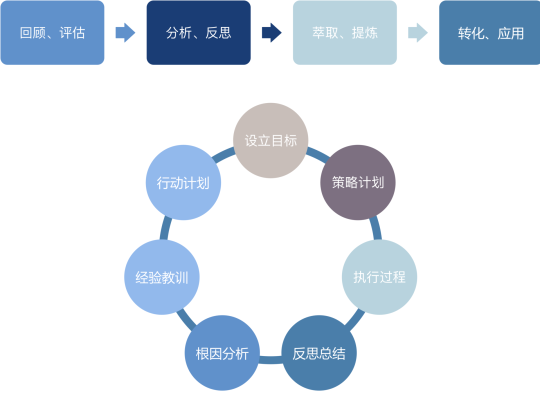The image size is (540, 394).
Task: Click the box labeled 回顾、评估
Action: (52, 33)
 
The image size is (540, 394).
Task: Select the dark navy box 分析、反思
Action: (198, 33)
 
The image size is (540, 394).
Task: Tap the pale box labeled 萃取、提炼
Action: (345, 33)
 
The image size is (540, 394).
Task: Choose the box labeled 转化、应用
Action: (489, 33)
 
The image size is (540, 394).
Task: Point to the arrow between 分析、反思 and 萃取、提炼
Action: (271, 33)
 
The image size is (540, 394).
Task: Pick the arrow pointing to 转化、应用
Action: (418, 33)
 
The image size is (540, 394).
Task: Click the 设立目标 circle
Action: (270, 140)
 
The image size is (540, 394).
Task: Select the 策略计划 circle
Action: (357, 182)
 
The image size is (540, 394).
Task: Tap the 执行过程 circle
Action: (379, 277)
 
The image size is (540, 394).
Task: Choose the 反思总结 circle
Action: (319, 353)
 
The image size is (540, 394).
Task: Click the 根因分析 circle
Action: (222, 353)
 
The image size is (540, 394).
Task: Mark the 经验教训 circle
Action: (161, 277)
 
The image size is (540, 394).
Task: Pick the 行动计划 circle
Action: (183, 182)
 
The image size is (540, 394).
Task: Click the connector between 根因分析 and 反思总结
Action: (270, 359)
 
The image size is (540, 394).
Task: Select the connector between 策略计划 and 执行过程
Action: (376, 229)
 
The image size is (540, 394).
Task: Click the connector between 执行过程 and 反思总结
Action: (355, 319)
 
